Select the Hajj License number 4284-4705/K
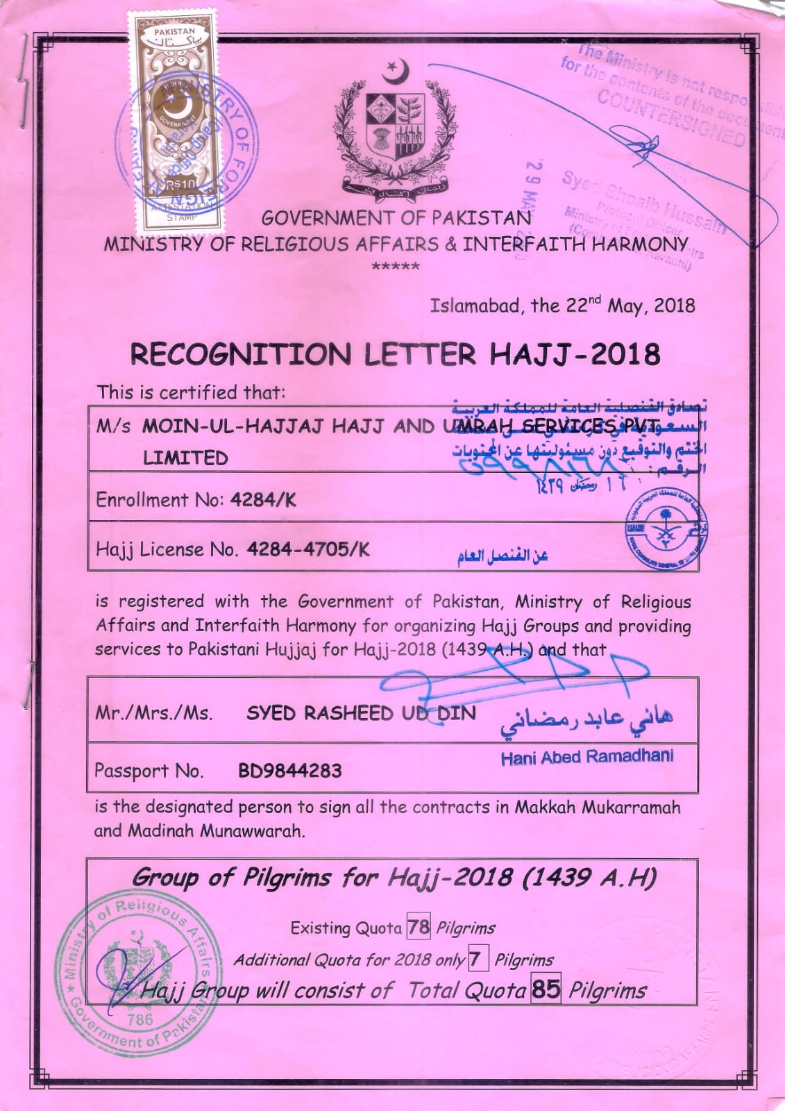tap(308, 550)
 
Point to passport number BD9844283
tap(289, 770)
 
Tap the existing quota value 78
tap(419, 927)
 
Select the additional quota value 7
tap(475, 960)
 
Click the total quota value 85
tap(546, 989)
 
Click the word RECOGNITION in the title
tap(241, 354)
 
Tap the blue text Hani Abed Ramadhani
tap(586, 757)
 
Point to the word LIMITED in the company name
tap(185, 458)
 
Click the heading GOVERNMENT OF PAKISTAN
tap(396, 218)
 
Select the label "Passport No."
tap(149, 771)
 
